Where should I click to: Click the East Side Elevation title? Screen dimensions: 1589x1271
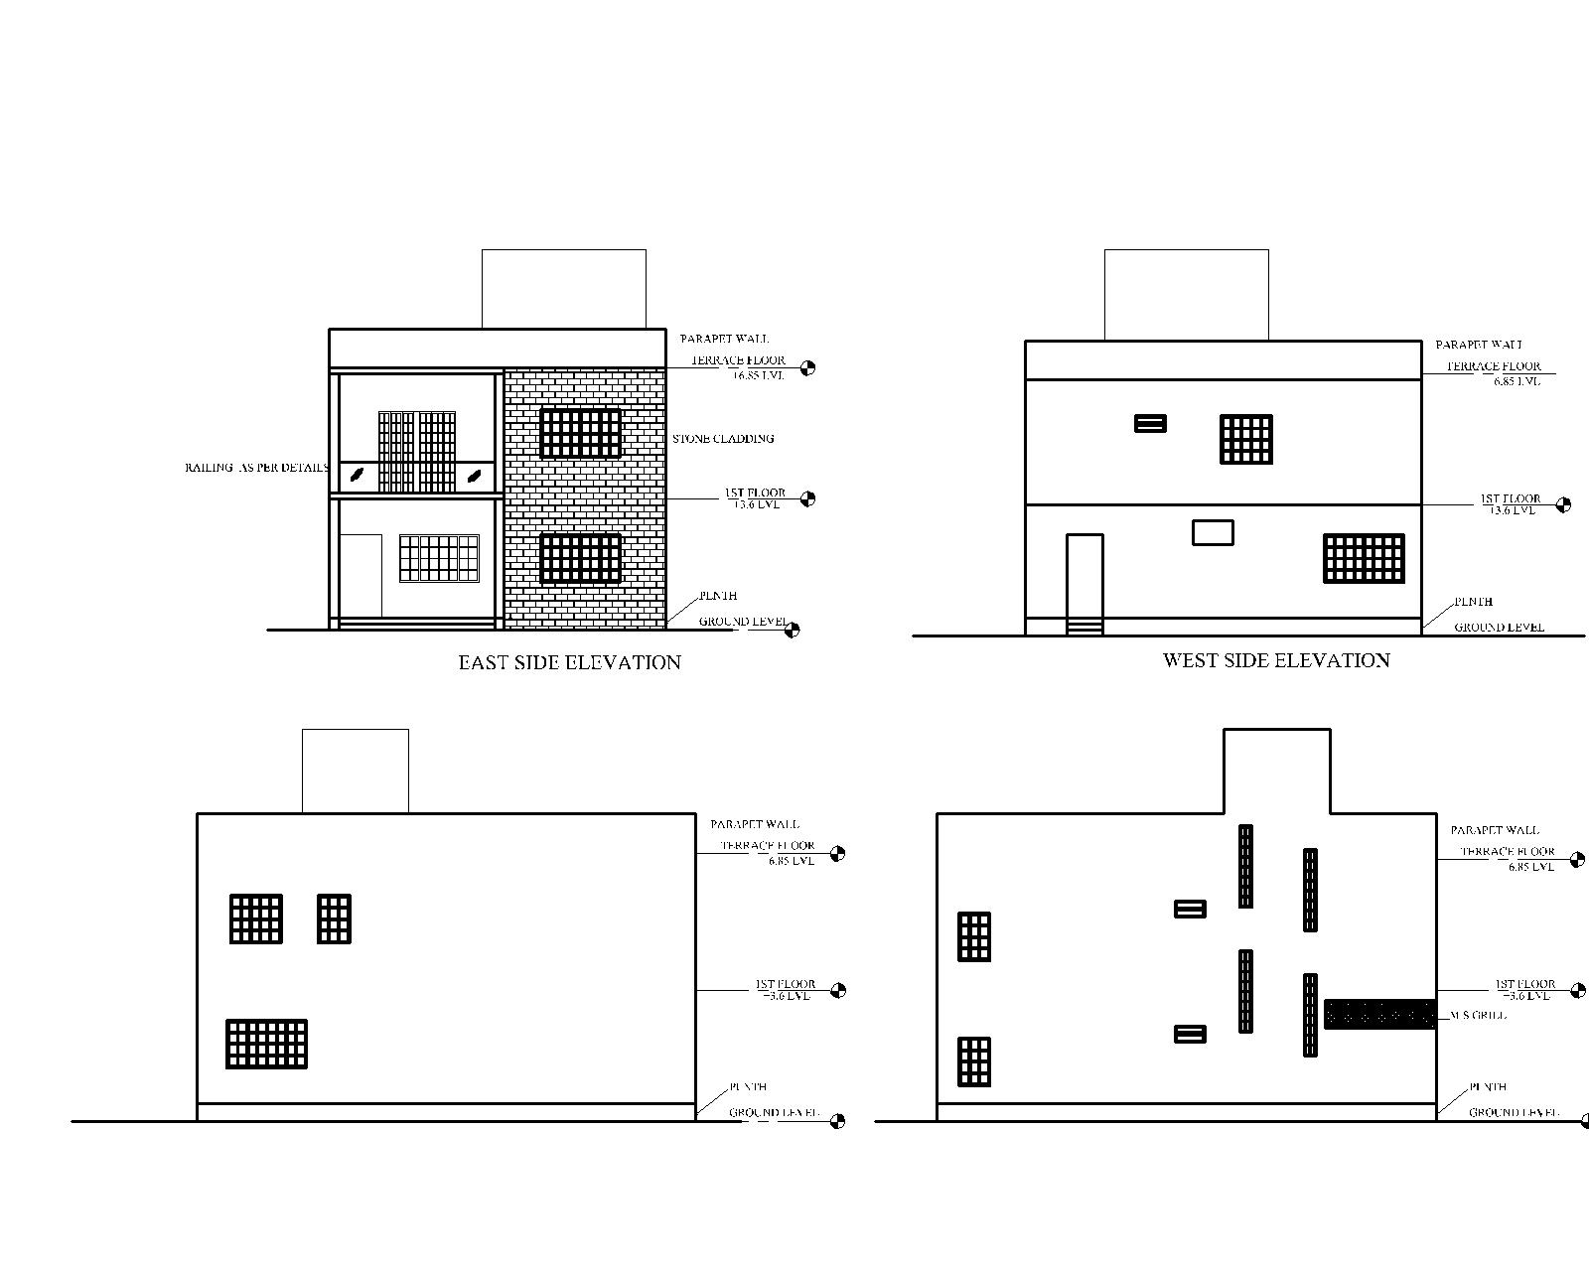click(x=569, y=662)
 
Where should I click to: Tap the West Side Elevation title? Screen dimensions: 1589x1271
click(x=1276, y=660)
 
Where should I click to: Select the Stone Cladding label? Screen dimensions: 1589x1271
click(x=723, y=438)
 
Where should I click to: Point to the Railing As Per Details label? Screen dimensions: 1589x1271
click(x=256, y=467)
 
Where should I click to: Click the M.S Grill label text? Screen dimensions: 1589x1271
click(x=1478, y=1015)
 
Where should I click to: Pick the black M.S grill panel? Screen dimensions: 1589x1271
click(x=1379, y=1014)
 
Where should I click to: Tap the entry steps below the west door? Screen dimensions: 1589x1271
click(x=1084, y=627)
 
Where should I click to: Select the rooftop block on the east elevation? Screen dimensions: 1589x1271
click(x=563, y=288)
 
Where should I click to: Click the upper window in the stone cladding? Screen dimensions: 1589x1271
click(x=580, y=433)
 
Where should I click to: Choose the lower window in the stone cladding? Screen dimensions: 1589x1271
click(x=580, y=558)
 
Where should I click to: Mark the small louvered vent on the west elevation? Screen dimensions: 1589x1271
click(x=1150, y=424)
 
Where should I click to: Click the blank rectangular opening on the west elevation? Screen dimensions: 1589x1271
click(x=1213, y=532)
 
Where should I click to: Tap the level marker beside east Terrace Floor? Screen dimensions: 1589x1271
click(x=807, y=367)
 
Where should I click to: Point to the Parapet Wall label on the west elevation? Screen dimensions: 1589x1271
click(x=1479, y=345)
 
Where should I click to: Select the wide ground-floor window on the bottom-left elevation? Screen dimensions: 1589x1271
click(x=266, y=1044)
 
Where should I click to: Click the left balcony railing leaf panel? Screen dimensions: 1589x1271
click(x=357, y=477)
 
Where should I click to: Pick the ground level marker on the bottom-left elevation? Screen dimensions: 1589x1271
click(x=837, y=1121)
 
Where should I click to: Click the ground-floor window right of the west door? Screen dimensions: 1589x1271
click(x=1364, y=558)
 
